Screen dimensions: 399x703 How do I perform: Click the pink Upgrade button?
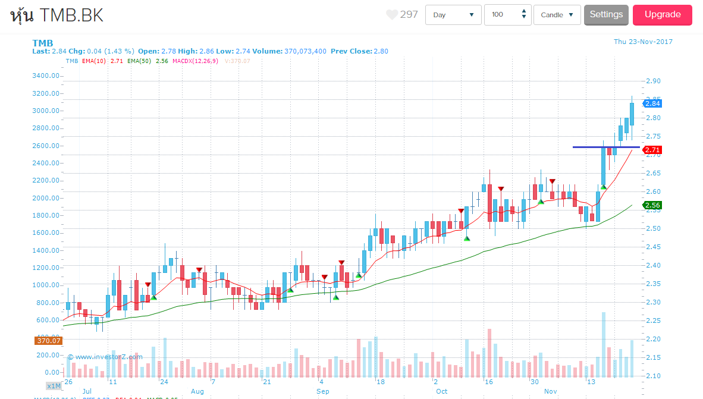tap(662, 15)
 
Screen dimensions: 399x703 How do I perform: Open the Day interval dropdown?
tap(453, 15)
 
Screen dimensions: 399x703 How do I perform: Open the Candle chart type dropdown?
tap(557, 15)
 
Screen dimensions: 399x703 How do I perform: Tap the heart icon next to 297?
tap(391, 15)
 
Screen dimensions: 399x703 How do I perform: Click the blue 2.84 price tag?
tap(652, 103)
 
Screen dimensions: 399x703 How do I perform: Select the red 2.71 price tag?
tap(652, 150)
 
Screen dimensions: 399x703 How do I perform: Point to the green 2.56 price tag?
tap(652, 205)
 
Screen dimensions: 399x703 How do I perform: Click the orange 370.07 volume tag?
tap(48, 341)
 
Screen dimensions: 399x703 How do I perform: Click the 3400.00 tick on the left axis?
tap(46, 76)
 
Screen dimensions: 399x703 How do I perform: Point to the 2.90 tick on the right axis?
tap(652, 81)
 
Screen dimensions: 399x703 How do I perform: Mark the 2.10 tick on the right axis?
tap(652, 376)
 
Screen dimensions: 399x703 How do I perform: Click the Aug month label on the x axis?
tap(197, 391)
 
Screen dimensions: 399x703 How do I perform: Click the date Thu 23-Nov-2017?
tap(643, 42)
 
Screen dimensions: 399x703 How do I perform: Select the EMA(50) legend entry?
tap(140, 61)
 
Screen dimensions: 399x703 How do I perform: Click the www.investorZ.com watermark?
tap(105, 357)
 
